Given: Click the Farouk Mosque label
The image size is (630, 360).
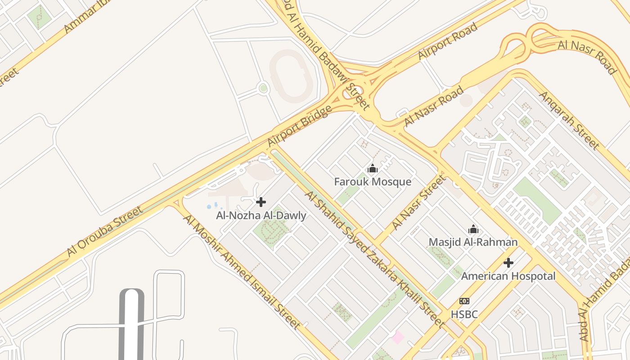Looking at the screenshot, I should pyautogui.click(x=373, y=182).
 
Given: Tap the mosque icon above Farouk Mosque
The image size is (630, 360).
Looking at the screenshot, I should pyautogui.click(x=373, y=169).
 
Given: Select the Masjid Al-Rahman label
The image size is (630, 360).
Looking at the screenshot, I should pyautogui.click(x=473, y=242).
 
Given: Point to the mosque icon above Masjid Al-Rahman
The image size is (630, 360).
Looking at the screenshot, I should pyautogui.click(x=473, y=229).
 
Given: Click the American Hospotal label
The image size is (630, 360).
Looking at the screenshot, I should pyautogui.click(x=508, y=276).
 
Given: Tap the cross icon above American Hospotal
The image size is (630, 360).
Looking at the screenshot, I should pyautogui.click(x=508, y=262).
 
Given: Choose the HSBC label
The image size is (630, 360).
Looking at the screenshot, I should pyautogui.click(x=464, y=314).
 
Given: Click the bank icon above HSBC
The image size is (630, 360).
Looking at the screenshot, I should pyautogui.click(x=464, y=301).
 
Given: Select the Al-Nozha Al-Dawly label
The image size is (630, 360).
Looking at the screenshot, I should pyautogui.click(x=261, y=216).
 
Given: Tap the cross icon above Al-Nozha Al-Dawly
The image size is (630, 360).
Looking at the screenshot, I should pyautogui.click(x=261, y=202).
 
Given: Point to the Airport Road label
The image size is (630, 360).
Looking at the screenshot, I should pyautogui.click(x=447, y=41).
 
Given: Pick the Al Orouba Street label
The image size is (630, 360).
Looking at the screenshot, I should pyautogui.click(x=105, y=231).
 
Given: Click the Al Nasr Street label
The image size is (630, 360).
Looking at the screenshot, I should pyautogui.click(x=419, y=202).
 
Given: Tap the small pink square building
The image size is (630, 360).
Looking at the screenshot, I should pyautogui.click(x=398, y=337).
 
